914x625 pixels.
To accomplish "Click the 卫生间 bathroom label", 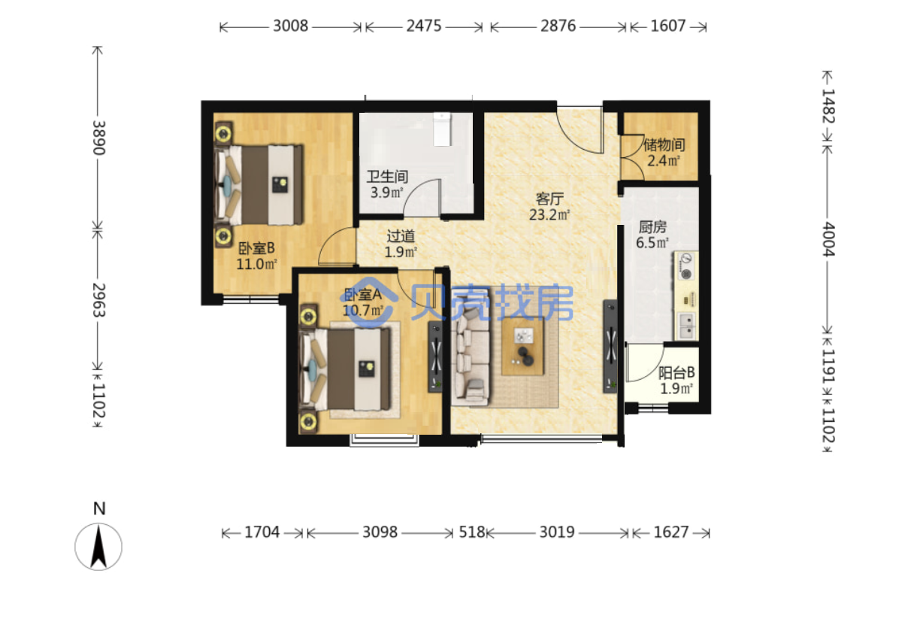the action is tap(387, 177).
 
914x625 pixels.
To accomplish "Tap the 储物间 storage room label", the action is tap(664, 145).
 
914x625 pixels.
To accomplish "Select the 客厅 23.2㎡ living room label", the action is tap(549, 207).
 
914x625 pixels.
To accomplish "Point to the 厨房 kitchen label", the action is tap(652, 227).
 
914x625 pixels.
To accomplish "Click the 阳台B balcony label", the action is tap(676, 372).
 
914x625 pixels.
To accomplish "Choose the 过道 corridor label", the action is tap(401, 236).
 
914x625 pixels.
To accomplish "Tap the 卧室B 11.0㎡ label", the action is tap(256, 256).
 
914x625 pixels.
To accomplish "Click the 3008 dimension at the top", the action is tap(291, 26).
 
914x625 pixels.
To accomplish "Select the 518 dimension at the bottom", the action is tap(472, 532).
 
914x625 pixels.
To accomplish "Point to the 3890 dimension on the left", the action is tap(98, 138).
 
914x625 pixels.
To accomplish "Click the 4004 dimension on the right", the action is tap(828, 239).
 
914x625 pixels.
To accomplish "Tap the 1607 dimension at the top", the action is tap(668, 26).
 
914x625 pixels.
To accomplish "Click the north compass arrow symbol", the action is tap(98, 547).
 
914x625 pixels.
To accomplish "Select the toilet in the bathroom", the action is tap(442, 129).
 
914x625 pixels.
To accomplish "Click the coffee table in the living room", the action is tap(522, 346).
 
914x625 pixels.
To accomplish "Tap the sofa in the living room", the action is tap(472, 354).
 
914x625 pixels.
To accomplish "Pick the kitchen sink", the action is tap(687, 326).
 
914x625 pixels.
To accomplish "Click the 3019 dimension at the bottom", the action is tap(557, 532).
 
